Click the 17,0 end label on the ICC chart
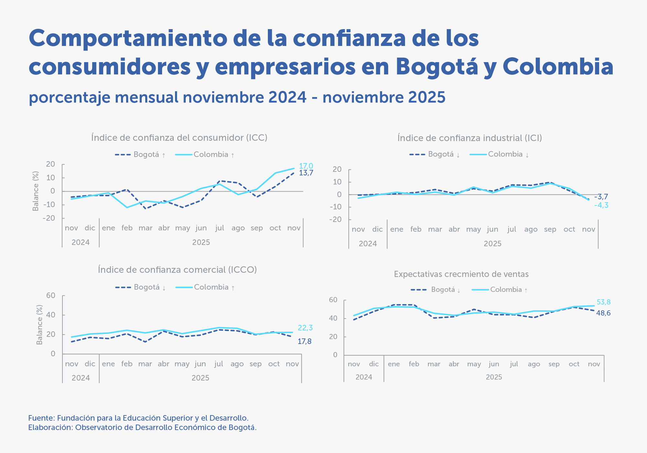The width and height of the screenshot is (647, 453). pos(306,166)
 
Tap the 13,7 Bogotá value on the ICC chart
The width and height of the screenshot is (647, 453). pos(306,173)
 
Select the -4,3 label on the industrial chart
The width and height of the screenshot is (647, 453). pos(601,205)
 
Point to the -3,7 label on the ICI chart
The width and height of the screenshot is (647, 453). pos(601,197)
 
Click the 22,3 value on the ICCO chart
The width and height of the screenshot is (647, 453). pos(305,328)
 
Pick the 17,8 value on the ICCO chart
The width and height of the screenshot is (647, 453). pos(304,341)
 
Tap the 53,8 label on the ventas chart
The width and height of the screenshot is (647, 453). pos(603,302)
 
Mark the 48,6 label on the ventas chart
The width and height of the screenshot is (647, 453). pos(603,313)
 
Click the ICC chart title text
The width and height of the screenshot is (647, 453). pos(179,138)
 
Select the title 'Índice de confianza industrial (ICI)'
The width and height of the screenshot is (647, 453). pos(469,138)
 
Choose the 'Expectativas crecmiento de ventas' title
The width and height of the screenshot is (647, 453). pos(461,274)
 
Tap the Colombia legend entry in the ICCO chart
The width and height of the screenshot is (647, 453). pos(211,287)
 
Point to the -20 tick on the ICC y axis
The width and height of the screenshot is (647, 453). pos(49,218)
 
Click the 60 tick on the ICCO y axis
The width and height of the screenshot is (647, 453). pos(51,295)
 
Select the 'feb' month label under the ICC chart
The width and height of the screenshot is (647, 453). pos(127,228)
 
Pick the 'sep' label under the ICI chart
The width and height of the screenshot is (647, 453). pos(550,229)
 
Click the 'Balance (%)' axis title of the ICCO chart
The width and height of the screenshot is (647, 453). pos(39,325)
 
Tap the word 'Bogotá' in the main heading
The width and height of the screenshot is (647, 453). pos(437,67)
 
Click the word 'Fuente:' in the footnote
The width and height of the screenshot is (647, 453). pos(41,418)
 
